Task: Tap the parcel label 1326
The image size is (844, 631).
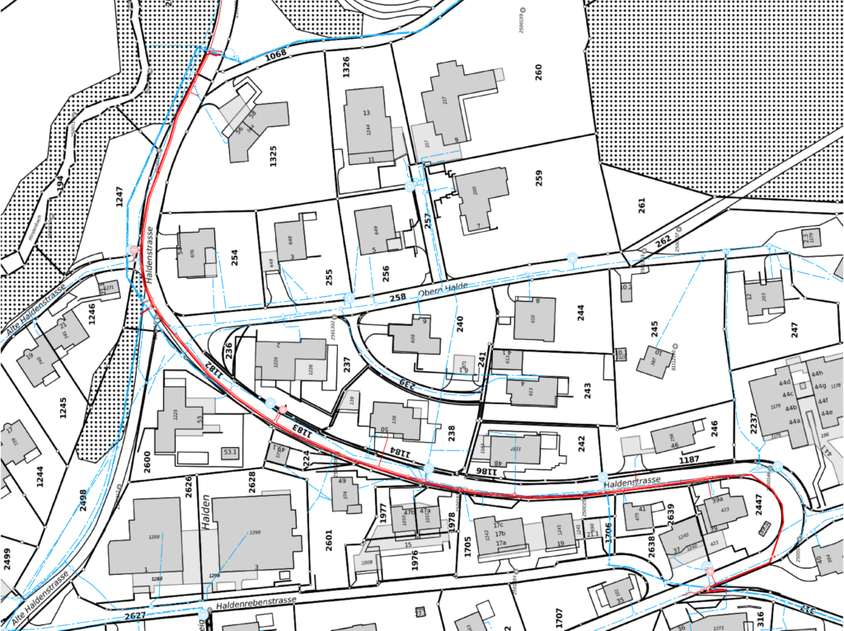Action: tap(347, 67)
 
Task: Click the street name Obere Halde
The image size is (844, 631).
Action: tap(437, 290)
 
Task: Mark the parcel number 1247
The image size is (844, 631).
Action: tap(120, 196)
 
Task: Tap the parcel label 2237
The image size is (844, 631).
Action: tap(753, 423)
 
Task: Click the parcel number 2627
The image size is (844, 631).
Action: tap(134, 615)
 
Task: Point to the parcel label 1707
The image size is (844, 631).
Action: tap(559, 617)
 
